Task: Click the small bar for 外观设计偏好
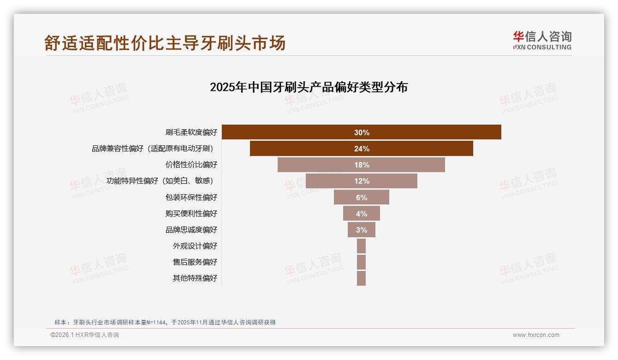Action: (361, 246)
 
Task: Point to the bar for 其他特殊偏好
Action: (361, 278)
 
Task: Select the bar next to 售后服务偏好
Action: (361, 262)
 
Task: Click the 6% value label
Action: (362, 198)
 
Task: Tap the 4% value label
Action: (362, 214)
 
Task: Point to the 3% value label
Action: (362, 230)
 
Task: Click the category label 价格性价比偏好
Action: (191, 165)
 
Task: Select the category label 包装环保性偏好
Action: (191, 197)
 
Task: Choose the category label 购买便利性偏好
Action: (191, 213)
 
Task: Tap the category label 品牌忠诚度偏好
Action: (191, 229)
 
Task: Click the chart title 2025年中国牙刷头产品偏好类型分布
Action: (309, 87)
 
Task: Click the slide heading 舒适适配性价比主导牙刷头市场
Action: (165, 43)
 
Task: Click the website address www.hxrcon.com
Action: (536, 335)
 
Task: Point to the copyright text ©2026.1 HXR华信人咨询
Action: (84, 335)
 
